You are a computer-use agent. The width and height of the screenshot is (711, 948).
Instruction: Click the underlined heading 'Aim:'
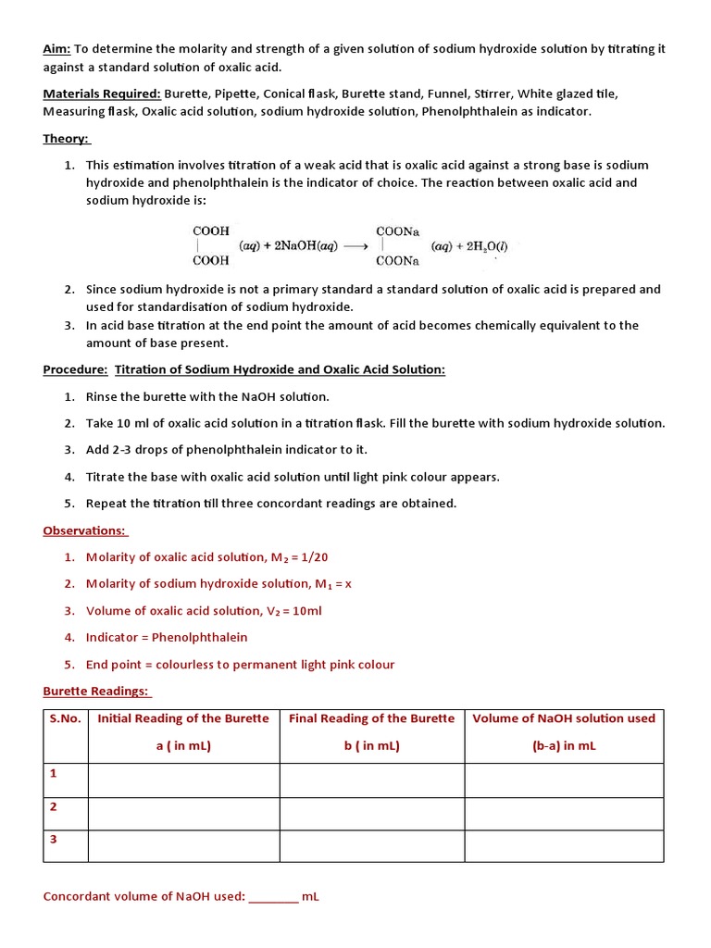point(56,49)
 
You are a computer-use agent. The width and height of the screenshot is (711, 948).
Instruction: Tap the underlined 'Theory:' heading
point(66,139)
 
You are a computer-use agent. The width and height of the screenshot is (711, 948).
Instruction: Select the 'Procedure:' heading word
point(75,369)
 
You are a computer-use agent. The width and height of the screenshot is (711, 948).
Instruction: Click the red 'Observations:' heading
point(84,530)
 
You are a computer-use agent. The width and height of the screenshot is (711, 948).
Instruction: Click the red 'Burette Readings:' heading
point(95,692)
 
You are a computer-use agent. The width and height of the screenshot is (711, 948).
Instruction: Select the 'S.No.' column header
point(65,718)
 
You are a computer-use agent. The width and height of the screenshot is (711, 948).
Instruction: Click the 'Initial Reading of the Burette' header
point(183,718)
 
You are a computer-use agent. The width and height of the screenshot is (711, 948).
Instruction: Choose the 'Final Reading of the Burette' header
point(371,718)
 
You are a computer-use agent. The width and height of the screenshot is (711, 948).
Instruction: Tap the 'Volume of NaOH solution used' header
point(563,718)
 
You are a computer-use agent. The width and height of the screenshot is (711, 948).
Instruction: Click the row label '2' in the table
point(54,806)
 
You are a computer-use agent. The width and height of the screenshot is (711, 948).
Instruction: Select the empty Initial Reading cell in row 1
point(183,780)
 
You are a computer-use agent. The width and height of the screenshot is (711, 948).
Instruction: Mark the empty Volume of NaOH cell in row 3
point(563,845)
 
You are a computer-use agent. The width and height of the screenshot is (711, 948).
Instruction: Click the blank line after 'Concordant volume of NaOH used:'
point(273,896)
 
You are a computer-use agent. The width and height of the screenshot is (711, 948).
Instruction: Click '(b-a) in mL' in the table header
point(563,745)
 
